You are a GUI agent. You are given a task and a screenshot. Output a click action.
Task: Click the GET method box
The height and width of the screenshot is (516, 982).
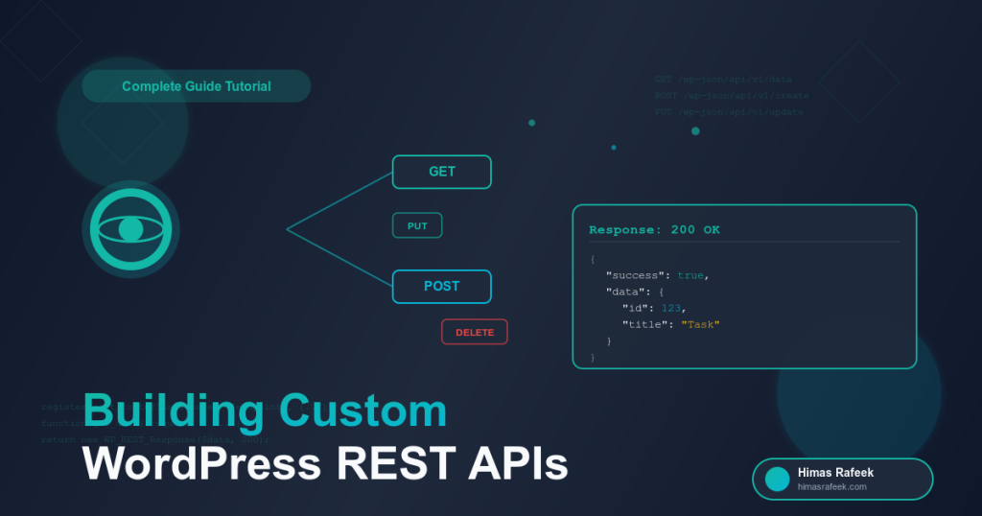click(442, 172)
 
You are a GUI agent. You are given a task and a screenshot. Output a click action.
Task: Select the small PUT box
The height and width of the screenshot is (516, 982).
click(417, 225)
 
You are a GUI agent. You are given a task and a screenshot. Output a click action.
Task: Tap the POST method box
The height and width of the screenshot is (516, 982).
click(442, 286)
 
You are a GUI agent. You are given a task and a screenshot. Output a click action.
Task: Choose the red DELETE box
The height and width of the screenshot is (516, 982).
click(475, 332)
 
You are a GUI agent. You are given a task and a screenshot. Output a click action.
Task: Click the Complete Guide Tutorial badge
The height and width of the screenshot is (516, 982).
click(196, 86)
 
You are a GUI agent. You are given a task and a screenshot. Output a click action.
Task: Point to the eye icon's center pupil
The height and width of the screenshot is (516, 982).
click(130, 229)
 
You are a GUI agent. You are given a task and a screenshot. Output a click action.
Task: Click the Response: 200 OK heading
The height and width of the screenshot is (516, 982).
click(654, 230)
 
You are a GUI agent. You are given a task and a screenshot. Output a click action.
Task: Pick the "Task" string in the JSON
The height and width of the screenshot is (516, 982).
click(700, 324)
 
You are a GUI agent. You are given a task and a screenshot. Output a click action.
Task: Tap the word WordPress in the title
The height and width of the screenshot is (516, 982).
click(201, 464)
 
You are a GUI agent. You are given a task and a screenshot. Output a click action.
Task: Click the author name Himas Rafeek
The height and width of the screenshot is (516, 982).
click(835, 473)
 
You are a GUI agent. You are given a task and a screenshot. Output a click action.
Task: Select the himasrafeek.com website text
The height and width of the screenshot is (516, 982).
click(831, 487)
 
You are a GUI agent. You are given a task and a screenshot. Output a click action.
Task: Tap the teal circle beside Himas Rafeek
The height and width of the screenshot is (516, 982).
click(777, 479)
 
